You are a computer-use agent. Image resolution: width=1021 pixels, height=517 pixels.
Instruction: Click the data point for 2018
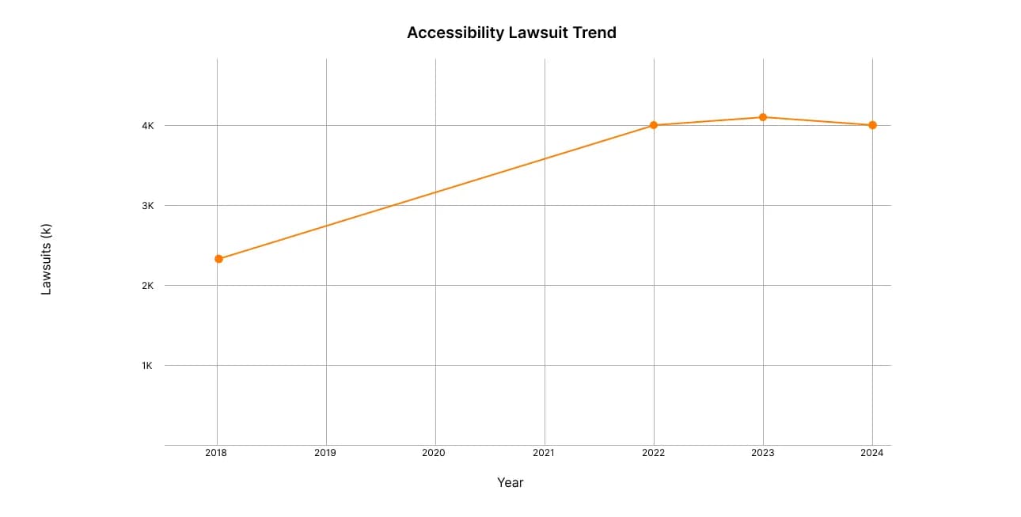click(x=218, y=259)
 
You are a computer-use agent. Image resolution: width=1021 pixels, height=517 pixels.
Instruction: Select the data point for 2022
click(x=654, y=125)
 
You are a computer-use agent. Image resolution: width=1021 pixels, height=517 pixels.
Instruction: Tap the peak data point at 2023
click(x=763, y=117)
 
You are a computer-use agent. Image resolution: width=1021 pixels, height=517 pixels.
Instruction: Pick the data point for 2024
click(x=872, y=125)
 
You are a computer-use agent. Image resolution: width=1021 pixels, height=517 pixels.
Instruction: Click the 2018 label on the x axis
click(x=215, y=454)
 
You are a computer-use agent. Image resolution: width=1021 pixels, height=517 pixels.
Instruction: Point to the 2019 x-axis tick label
click(x=325, y=454)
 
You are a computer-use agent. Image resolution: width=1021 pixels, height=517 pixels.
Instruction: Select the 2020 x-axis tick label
click(x=434, y=454)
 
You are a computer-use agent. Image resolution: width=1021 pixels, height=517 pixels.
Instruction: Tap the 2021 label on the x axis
click(x=543, y=454)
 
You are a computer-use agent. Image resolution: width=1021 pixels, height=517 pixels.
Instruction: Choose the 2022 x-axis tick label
click(x=653, y=454)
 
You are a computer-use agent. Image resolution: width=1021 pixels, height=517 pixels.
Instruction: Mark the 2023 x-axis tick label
click(x=762, y=454)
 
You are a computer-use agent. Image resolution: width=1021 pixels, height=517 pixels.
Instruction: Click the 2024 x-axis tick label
click(x=871, y=454)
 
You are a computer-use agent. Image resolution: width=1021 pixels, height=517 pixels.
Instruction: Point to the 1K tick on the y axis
click(x=147, y=366)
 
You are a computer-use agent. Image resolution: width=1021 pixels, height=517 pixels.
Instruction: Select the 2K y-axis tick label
click(x=147, y=286)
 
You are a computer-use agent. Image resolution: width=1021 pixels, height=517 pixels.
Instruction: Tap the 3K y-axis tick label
click(x=147, y=206)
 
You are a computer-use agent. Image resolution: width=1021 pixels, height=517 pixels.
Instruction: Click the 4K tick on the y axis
click(x=147, y=126)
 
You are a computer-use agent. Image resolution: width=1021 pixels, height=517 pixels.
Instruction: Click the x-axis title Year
click(x=511, y=482)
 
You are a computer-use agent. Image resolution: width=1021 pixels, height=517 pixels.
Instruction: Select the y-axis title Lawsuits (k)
click(x=46, y=259)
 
